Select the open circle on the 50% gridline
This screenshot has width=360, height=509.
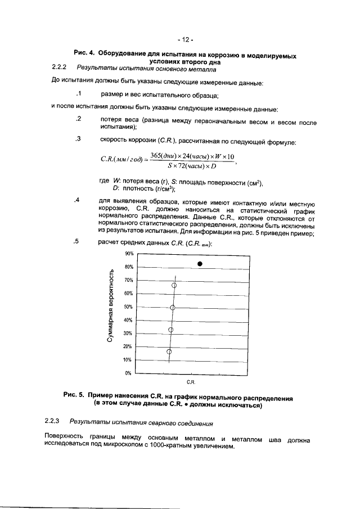click(173, 308)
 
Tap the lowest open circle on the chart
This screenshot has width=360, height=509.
click(169, 352)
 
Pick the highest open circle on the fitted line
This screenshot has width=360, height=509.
click(174, 285)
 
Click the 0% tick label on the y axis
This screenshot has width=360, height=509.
click(128, 373)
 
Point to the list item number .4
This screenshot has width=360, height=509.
click(78, 200)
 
